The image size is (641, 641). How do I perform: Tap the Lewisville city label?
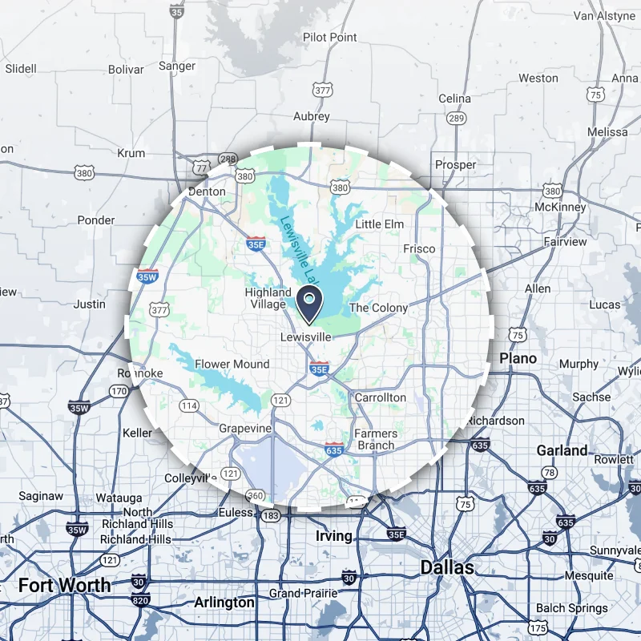(304, 337)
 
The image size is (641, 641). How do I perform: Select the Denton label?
(207, 191)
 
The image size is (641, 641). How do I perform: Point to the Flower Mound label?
(232, 364)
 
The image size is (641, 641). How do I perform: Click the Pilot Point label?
(330, 38)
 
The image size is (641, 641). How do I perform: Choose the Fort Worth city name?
(65, 585)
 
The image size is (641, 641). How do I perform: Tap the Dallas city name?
(447, 568)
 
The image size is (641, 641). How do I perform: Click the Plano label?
(518, 358)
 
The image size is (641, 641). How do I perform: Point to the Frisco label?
(420, 248)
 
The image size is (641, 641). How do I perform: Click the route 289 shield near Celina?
(457, 119)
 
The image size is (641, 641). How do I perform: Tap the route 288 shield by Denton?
(227, 159)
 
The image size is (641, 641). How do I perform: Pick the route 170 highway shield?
(119, 392)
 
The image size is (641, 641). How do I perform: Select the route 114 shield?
(189, 405)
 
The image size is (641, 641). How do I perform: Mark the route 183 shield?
(271, 516)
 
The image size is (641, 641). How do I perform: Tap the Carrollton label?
(381, 397)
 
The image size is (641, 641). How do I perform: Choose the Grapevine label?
(246, 429)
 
